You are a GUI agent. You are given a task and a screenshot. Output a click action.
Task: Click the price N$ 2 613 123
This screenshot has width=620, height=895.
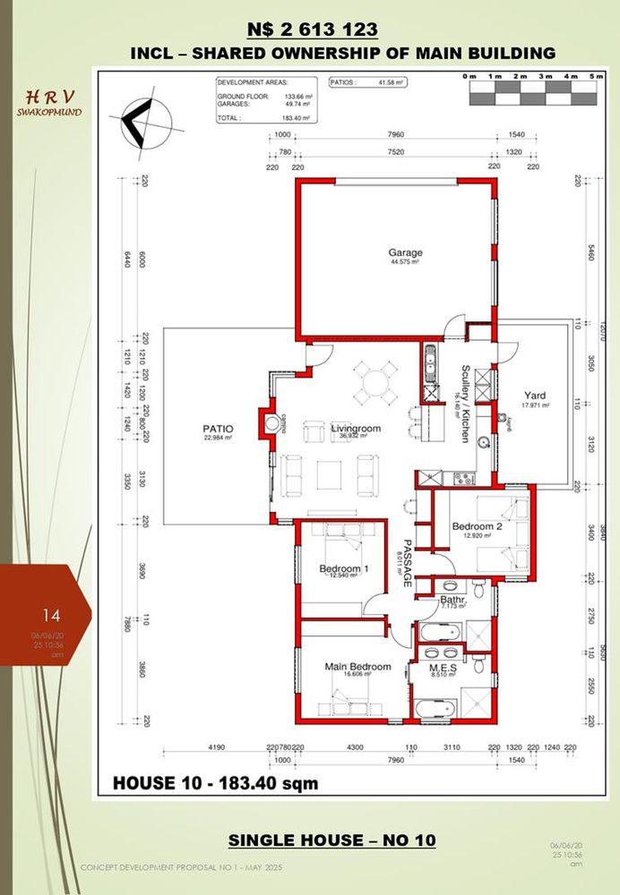(309, 30)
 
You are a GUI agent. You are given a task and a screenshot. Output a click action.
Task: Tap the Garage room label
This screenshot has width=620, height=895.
(405, 253)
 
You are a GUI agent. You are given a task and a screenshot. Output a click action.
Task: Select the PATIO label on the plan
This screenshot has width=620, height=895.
(218, 430)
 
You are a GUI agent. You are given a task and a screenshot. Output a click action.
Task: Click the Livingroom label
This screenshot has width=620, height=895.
(356, 430)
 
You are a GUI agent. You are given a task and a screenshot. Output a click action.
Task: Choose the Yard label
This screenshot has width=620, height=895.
(536, 396)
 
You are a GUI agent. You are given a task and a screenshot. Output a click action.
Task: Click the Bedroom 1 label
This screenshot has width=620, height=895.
(344, 569)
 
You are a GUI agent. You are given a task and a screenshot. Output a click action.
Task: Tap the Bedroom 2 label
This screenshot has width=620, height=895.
(477, 526)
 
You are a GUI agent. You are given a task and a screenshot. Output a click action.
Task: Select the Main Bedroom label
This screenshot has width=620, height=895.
(357, 668)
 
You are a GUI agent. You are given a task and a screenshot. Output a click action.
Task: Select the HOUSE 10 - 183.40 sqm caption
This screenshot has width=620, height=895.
(215, 783)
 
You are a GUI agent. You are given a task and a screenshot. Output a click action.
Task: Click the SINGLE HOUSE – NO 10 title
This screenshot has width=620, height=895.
(332, 840)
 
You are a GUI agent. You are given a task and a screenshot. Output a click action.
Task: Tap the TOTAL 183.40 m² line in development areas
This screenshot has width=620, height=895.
(264, 117)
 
